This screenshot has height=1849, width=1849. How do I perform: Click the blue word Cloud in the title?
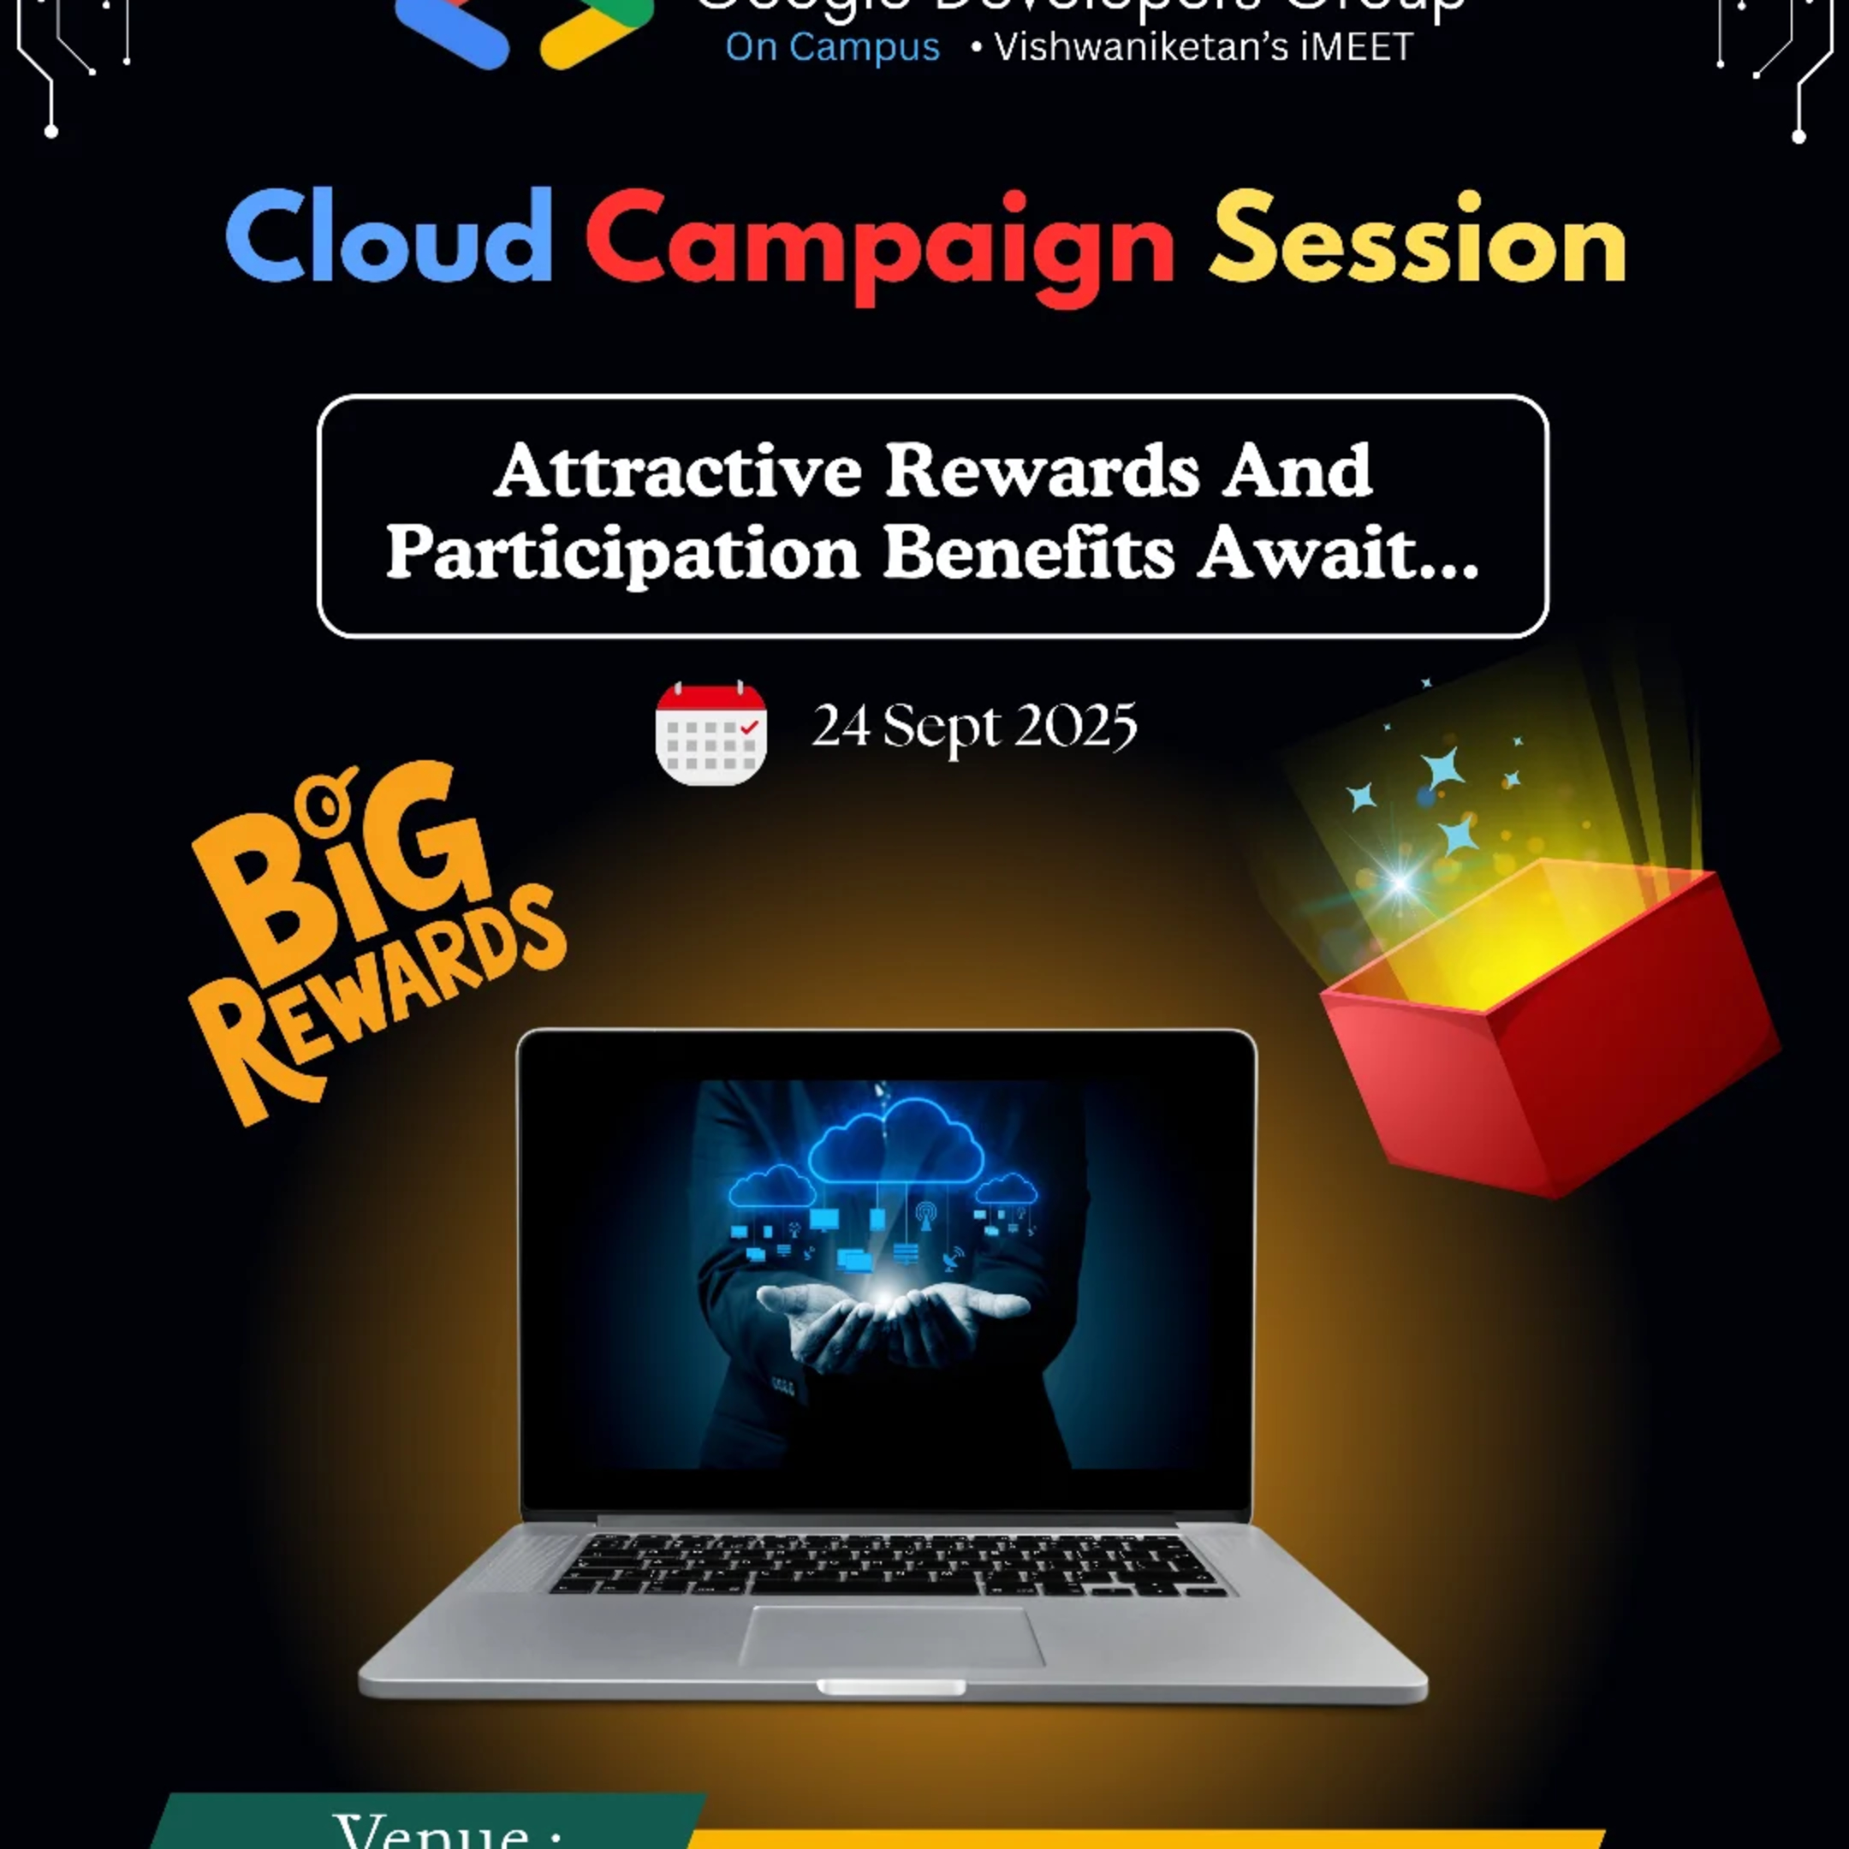389,237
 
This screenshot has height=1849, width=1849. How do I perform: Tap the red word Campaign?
879,244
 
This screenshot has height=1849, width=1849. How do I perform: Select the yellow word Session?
1418,240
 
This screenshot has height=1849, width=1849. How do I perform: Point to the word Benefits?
1029,553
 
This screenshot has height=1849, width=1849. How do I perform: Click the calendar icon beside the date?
710,733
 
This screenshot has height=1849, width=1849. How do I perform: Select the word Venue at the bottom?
447,1830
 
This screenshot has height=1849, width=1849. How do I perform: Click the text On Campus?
832,48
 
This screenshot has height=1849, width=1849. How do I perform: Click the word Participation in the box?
623,553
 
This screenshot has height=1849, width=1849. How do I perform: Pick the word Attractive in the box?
678,471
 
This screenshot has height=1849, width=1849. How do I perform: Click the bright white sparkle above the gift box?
1400,881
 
